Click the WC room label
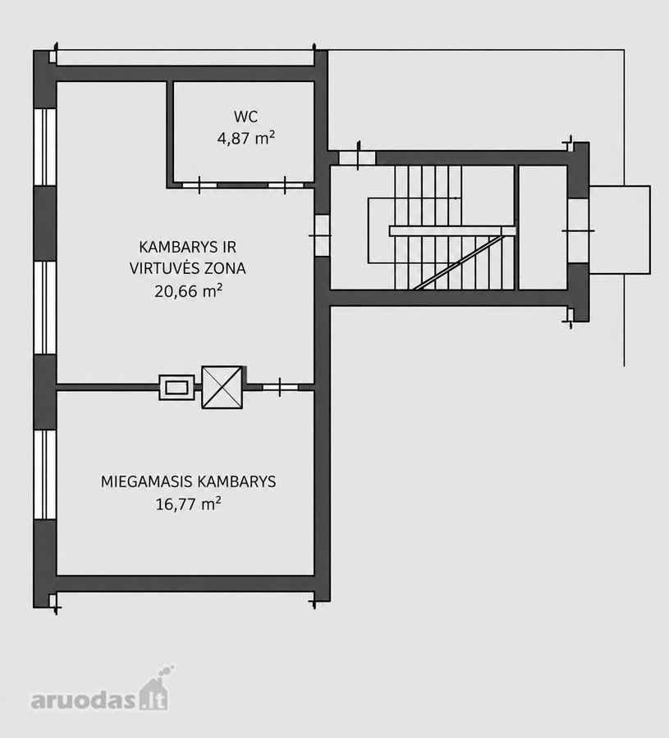246,116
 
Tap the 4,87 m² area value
246,139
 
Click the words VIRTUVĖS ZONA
187,268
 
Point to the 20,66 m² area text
188,291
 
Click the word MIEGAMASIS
147,481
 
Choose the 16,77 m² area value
188,504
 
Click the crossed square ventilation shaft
222,387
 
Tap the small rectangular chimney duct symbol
176,387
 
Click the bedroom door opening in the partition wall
280,387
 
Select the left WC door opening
199,185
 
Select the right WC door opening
286,185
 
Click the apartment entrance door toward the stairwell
322,235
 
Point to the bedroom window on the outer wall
45,475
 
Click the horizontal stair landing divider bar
452,230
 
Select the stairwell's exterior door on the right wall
578,230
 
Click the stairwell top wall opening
358,157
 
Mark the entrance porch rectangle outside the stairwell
620,230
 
